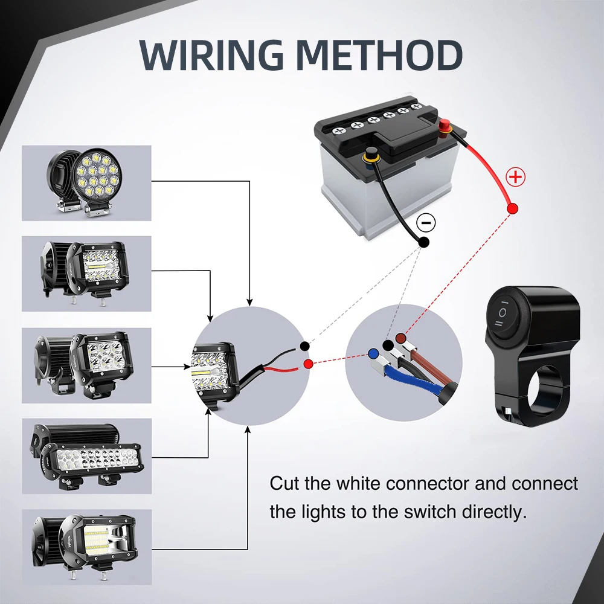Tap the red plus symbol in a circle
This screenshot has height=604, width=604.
click(x=515, y=178)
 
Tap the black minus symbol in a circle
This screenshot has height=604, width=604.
click(x=426, y=223)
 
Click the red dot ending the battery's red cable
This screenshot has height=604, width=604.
click(x=513, y=208)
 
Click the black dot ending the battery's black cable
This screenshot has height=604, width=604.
click(x=424, y=242)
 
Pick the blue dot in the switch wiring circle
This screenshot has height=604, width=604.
click(x=373, y=353)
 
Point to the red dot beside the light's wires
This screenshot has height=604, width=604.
click(x=309, y=364)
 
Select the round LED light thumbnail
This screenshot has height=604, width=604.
click(x=86, y=183)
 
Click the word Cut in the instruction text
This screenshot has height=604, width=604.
click(x=284, y=484)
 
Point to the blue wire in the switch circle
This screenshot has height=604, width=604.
click(x=411, y=379)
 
